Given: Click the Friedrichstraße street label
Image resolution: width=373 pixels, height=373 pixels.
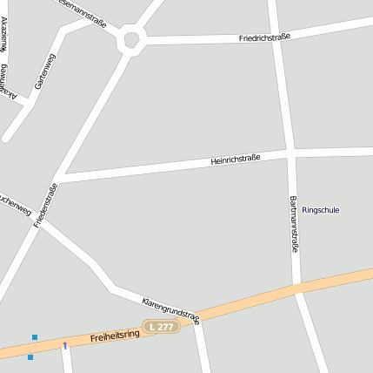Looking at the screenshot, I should [x=264, y=37].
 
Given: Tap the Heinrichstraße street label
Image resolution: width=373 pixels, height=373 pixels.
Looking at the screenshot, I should [x=236, y=160].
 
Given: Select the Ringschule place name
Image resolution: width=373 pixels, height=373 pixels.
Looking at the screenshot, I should [x=321, y=210].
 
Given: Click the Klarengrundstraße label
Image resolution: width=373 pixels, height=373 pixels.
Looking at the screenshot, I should [x=170, y=309].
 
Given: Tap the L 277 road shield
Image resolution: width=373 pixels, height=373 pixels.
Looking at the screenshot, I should [x=161, y=326].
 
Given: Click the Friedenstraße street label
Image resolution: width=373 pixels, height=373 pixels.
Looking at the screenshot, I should [x=45, y=206].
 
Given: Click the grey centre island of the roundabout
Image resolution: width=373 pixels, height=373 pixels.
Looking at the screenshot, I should [x=132, y=39].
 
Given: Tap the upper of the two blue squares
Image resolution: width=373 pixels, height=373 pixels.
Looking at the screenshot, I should [x=35, y=336].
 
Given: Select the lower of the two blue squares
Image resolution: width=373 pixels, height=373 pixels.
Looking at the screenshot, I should [x=30, y=357].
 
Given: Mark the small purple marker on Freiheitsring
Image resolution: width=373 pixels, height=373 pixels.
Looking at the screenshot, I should [x=64, y=345].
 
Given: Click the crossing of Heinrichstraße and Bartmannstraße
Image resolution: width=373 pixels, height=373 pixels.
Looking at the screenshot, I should [x=289, y=154].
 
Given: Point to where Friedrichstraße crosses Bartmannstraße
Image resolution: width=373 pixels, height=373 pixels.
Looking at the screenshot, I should [x=277, y=35].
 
